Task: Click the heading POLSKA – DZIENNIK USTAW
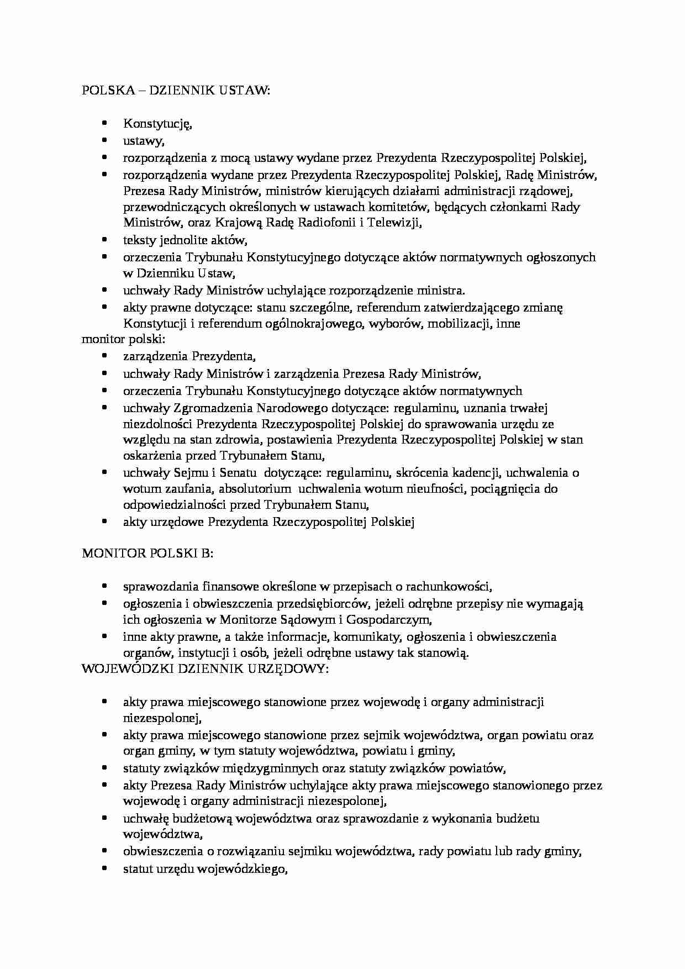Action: (176, 91)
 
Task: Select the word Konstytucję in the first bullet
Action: (157, 124)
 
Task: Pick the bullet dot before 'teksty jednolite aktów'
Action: (104, 239)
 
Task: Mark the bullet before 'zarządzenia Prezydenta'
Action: (104, 356)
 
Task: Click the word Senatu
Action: (238, 472)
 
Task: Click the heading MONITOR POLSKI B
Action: (147, 553)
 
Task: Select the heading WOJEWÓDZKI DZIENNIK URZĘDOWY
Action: (205, 668)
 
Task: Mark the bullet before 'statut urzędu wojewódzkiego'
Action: (104, 867)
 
